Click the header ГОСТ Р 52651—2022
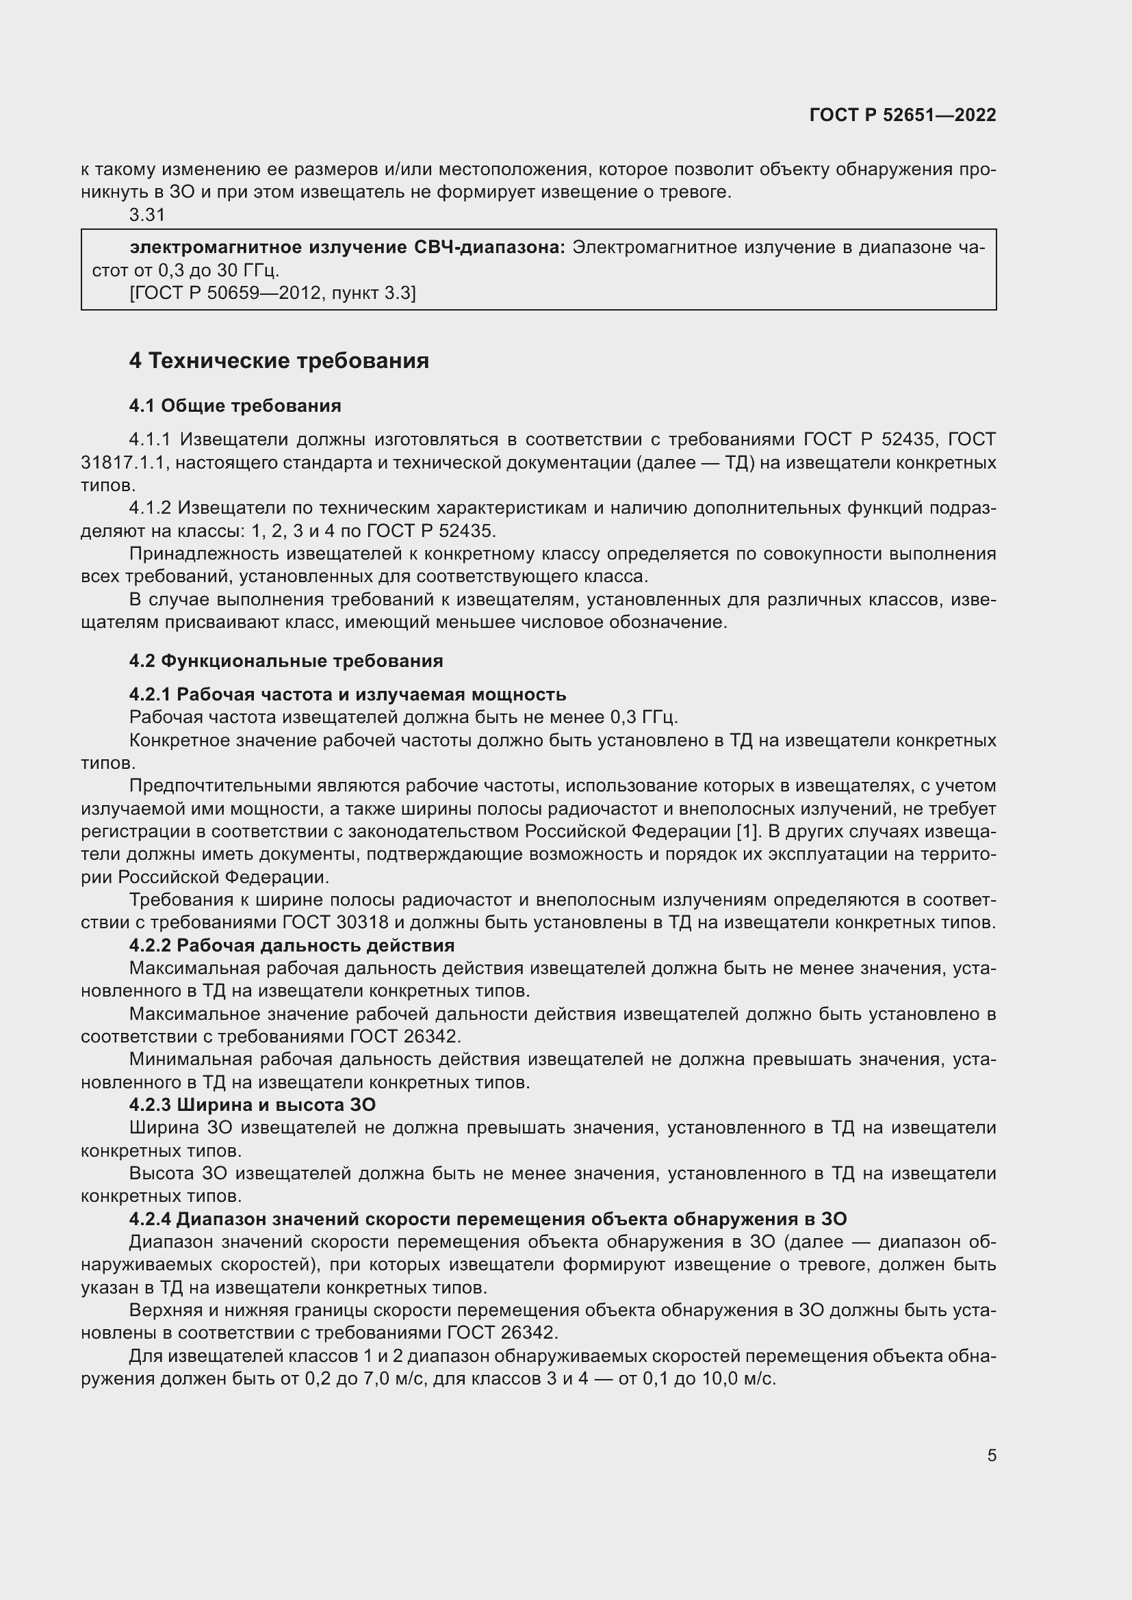coord(903,115)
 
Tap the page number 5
coord(991,1455)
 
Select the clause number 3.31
coord(147,215)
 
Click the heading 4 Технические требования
coord(279,361)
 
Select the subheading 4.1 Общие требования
coord(235,406)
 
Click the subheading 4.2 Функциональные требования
coord(286,661)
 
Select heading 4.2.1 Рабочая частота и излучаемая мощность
coord(347,694)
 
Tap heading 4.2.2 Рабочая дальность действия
coord(292,945)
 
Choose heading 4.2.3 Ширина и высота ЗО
coord(253,1105)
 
